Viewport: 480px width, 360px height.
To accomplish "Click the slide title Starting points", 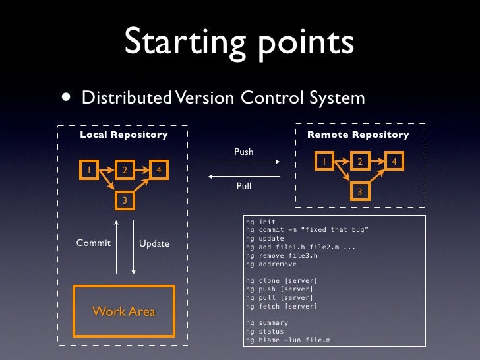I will click(239, 43).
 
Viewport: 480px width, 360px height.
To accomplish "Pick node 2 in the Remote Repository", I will click(359, 162).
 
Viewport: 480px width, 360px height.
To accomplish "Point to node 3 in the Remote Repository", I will click(359, 191).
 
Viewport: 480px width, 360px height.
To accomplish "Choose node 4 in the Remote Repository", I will click(394, 162).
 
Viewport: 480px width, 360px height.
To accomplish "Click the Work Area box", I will click(124, 311).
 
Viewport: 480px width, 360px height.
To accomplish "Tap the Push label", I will click(243, 152).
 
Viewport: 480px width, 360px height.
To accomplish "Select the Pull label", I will click(244, 187).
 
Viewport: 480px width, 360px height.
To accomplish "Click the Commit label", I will click(94, 243).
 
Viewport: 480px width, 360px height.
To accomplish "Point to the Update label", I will click(154, 243).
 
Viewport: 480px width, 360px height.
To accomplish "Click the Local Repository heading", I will click(124, 135).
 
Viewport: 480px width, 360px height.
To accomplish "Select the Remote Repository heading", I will click(358, 135).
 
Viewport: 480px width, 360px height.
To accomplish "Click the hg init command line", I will click(260, 222).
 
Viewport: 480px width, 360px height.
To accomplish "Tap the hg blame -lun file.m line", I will click(288, 340).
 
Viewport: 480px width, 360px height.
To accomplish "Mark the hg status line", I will click(264, 332).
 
